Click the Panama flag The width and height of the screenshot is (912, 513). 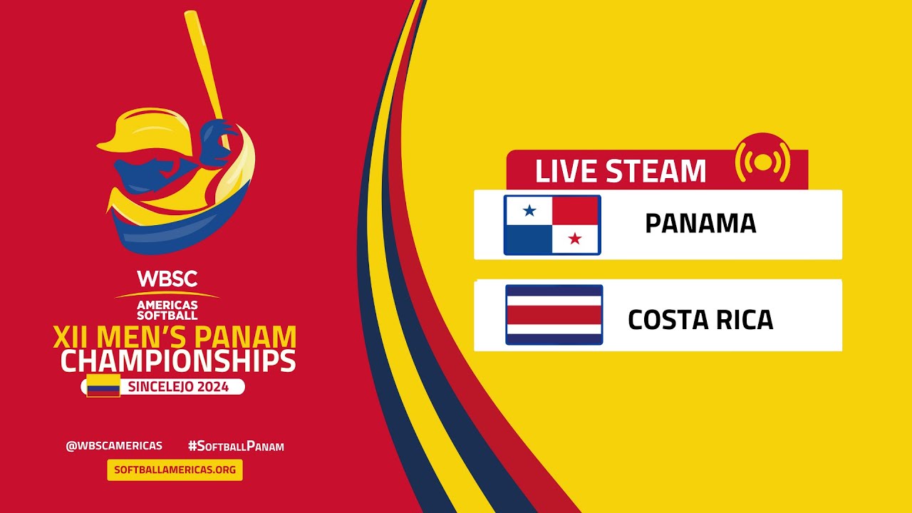(x=552, y=225)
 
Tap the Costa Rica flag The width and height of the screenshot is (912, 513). (x=554, y=315)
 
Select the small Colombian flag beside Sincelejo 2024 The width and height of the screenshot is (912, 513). (x=103, y=385)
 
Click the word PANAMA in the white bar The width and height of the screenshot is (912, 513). (x=700, y=224)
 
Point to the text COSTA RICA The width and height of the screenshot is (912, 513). (x=700, y=320)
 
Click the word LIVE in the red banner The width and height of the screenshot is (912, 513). (x=566, y=172)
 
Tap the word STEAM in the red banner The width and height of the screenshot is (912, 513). (x=655, y=172)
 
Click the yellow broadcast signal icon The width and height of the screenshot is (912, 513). (x=763, y=162)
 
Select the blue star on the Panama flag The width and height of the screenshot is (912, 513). (x=529, y=210)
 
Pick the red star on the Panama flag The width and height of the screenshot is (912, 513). (x=575, y=239)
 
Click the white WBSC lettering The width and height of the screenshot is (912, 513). (x=167, y=279)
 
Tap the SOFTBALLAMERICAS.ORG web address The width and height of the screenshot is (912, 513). (x=175, y=470)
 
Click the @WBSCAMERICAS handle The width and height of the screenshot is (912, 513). (x=114, y=446)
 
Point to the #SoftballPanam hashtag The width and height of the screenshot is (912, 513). (x=236, y=447)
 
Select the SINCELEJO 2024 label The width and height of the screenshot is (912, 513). (x=178, y=387)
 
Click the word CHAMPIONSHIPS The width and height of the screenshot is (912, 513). (x=178, y=361)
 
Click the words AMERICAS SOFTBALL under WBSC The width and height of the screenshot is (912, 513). (x=167, y=309)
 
